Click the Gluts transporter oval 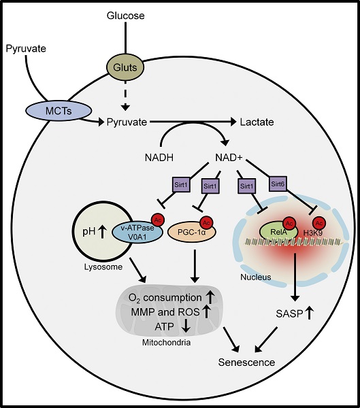point(125,67)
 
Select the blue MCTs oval point(59,111)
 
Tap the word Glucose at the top point(125,16)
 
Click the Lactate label point(257,122)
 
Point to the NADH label point(159,158)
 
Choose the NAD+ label point(229,158)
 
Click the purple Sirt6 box point(278,184)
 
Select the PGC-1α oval point(192,232)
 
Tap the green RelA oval point(279,231)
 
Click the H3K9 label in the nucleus point(313,233)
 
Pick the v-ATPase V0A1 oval point(137,233)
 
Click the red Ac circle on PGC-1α point(206,223)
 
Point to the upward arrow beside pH point(102,232)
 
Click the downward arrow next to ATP point(186,326)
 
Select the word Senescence point(246,362)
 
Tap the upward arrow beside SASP point(309,313)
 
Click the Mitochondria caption point(167,343)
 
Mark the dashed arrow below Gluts point(126,95)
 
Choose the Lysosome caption point(103,267)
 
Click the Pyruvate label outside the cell point(26,49)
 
